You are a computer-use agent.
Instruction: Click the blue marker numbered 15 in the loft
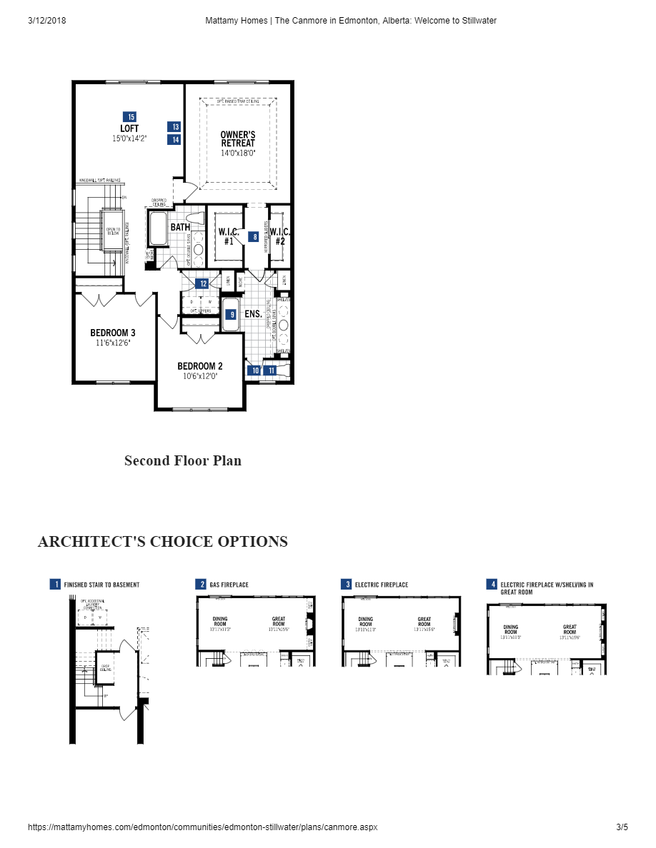[129, 116]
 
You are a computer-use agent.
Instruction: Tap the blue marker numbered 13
[174, 126]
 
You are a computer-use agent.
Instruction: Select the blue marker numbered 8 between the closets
[253, 236]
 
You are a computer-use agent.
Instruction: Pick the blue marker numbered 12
[203, 283]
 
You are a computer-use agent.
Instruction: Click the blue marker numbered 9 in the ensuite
[231, 313]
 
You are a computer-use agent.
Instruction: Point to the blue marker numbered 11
[270, 370]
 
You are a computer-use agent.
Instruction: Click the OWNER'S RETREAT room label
[238, 138]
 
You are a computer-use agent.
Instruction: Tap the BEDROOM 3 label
[113, 333]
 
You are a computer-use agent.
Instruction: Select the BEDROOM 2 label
[200, 366]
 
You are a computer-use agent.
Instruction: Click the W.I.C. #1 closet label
[229, 236]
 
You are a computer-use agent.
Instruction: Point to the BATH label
[180, 227]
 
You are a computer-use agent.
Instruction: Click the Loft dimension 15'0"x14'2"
[129, 138]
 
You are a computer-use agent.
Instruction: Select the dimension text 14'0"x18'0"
[238, 153]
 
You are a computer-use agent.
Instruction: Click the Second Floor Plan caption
[183, 460]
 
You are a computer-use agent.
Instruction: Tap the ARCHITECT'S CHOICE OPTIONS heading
[163, 542]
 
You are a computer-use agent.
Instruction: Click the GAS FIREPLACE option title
[229, 585]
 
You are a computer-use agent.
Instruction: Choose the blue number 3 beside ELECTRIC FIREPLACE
[347, 585]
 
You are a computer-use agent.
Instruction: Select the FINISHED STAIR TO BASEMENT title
[101, 585]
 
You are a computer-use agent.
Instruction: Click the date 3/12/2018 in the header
[47, 21]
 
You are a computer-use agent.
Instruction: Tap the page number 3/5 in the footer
[622, 827]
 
